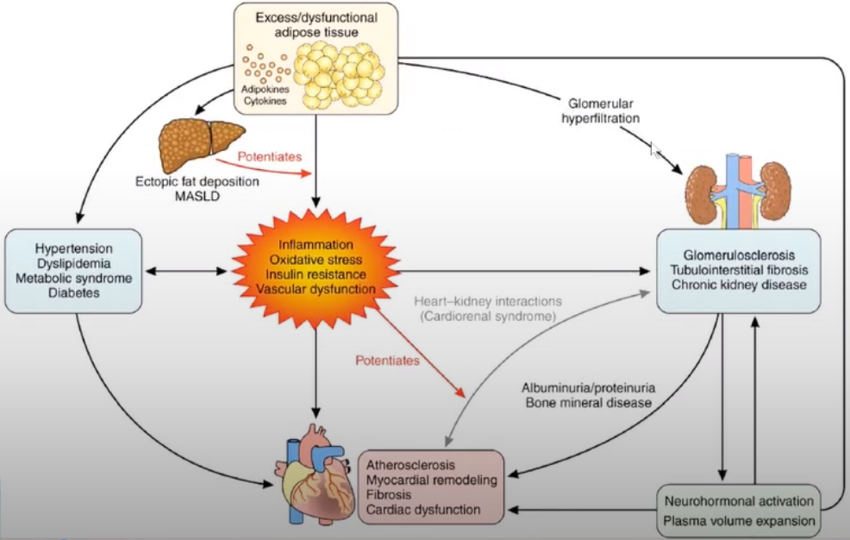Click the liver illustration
click(201, 144)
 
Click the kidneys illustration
click(738, 191)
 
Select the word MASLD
click(197, 197)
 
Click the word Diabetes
click(74, 293)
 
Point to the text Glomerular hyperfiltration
click(601, 110)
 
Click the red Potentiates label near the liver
click(270, 157)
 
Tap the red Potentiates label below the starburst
click(388, 361)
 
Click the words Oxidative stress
click(316, 260)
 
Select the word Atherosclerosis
click(410, 465)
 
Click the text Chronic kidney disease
click(739, 285)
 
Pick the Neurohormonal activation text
click(739, 501)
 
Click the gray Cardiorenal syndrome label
click(488, 316)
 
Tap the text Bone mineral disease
click(588, 403)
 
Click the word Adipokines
click(265, 89)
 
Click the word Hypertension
click(74, 248)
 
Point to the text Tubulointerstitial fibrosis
click(739, 270)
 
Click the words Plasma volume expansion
click(739, 521)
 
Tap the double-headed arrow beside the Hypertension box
click(187, 271)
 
